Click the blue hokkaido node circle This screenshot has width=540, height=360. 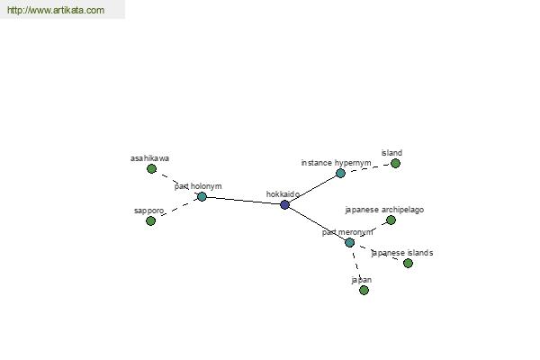(284, 204)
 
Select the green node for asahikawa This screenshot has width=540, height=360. (151, 169)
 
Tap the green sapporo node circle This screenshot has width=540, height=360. (150, 220)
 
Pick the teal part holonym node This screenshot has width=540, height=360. (202, 197)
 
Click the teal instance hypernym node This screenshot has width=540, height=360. (340, 174)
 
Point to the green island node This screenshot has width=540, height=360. (395, 163)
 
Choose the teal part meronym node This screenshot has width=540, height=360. (349, 242)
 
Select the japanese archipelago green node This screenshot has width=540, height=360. (391, 220)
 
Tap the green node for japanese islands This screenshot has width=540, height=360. (408, 263)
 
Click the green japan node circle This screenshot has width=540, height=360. (364, 291)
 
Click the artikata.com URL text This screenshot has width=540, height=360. (56, 10)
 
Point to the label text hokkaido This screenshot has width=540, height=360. (283, 194)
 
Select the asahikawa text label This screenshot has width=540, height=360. (149, 158)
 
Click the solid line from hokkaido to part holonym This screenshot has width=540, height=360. (243, 201)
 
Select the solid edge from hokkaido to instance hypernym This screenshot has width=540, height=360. (312, 189)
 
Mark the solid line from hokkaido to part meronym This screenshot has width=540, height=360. (317, 223)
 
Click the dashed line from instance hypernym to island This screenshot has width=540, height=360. (368, 167)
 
